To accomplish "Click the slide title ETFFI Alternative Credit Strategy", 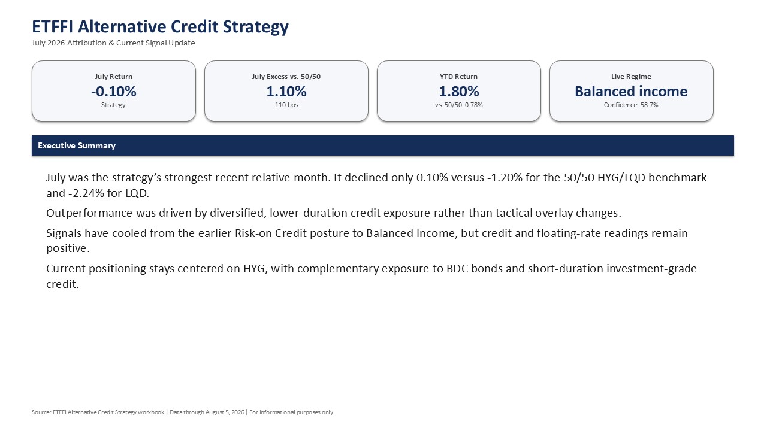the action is tap(160, 27).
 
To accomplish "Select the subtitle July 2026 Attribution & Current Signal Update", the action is tap(113, 43).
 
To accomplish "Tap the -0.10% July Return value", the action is tap(114, 92).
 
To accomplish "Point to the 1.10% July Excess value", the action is tap(286, 92).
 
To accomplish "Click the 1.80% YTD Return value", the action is tap(459, 92).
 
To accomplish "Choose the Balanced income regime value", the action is tap(631, 92).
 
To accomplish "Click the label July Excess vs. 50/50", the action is tap(286, 77).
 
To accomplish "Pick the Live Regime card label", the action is tap(631, 77).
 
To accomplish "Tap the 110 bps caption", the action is tap(286, 105).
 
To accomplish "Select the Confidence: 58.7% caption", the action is tap(631, 105).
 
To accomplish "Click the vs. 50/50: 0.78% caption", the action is tap(459, 105).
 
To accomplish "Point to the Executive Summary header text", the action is tap(77, 145).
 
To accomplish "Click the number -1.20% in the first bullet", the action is tap(505, 178).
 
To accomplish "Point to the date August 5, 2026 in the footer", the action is tap(225, 412).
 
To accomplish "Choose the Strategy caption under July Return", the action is tap(113, 105).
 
